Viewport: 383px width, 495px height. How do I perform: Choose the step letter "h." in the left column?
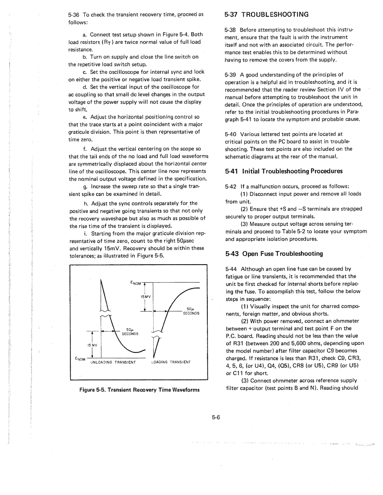point(86,204)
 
